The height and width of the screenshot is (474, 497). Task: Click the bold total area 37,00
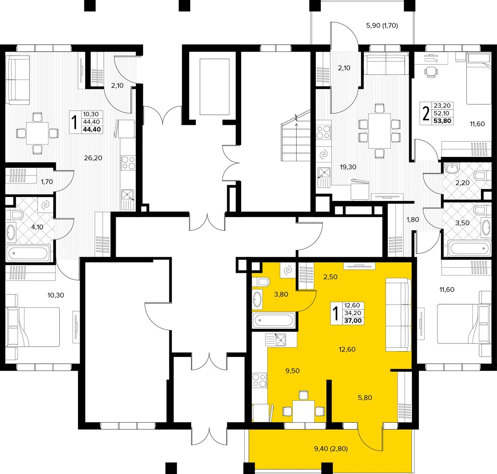(x=353, y=321)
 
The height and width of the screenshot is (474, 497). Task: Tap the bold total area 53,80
(x=442, y=121)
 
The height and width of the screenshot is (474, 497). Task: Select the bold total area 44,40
(x=92, y=129)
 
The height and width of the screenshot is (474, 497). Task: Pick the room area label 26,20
(x=93, y=158)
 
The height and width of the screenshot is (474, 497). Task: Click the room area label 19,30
(x=348, y=167)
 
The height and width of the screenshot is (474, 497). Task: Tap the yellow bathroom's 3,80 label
(x=281, y=294)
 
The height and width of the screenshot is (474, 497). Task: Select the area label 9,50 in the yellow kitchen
(x=292, y=371)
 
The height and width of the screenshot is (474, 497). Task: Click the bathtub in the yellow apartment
(x=273, y=321)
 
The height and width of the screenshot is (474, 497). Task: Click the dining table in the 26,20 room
(x=37, y=133)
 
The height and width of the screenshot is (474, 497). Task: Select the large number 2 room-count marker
(x=426, y=114)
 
